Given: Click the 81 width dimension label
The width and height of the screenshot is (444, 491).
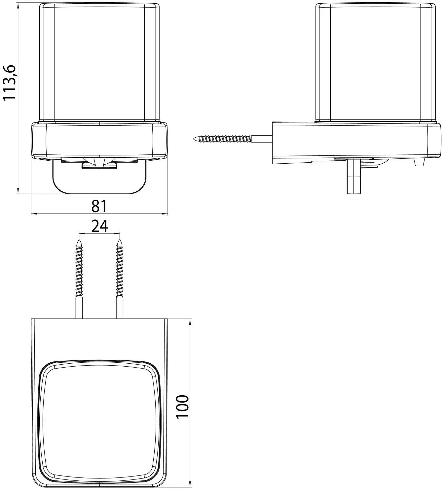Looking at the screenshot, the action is pos(99,206).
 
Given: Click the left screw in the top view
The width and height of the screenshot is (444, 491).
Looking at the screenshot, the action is pos(79,279).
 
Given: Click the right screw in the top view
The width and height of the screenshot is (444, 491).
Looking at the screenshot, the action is pos(119,279).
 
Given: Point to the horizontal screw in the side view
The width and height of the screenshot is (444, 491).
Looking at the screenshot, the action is pos(233,139).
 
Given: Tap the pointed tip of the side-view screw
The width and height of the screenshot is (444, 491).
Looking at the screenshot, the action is pos(194,139).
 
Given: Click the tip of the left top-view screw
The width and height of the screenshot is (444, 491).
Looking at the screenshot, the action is pos(79,240).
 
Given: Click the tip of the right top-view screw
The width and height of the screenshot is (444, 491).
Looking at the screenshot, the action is pos(119,240).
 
